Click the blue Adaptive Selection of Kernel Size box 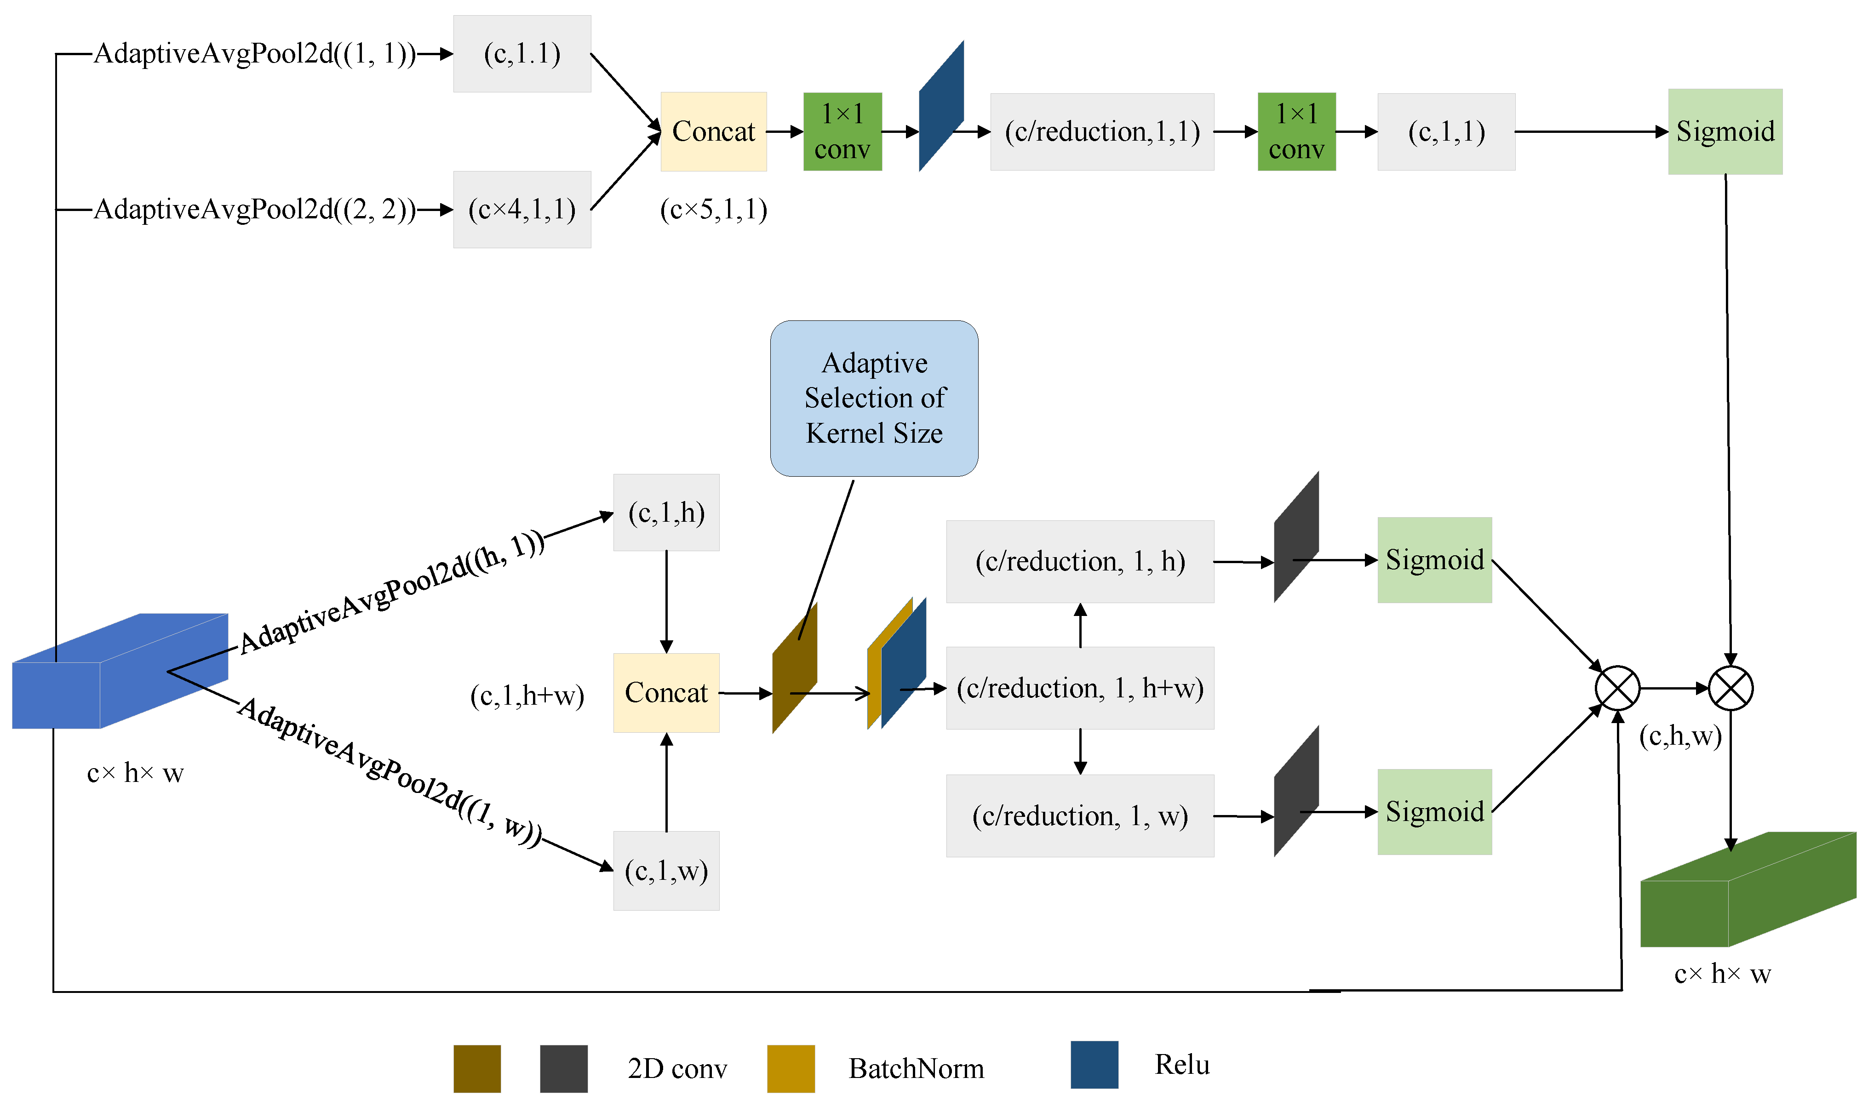tap(874, 398)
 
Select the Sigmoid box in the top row tap(1725, 132)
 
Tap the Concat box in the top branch tap(713, 132)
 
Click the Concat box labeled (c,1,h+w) tap(666, 693)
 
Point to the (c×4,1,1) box tap(522, 210)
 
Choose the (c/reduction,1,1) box tap(1102, 132)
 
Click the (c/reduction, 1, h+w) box tap(1080, 688)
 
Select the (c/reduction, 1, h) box tap(1080, 561)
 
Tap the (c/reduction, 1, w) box tap(1080, 816)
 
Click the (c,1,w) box tap(666, 871)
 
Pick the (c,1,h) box tap(666, 513)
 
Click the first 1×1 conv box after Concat tap(842, 132)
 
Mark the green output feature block tap(1748, 889)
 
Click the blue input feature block tap(120, 671)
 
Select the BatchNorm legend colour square tap(791, 1069)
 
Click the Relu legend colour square tap(1094, 1065)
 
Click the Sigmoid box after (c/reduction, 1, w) tap(1434, 812)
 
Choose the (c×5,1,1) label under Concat tap(713, 210)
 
